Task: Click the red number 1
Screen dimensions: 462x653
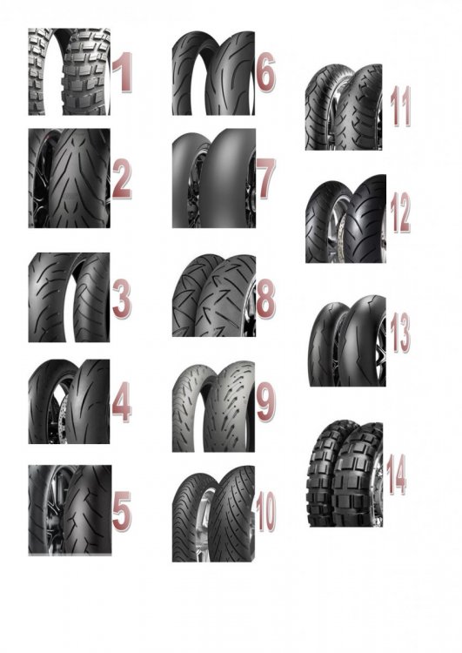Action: point(124,72)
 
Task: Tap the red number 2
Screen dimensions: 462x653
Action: point(122,180)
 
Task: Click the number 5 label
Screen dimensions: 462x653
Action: point(122,511)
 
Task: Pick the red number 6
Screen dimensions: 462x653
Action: point(266,71)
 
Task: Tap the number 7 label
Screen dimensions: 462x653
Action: point(267,179)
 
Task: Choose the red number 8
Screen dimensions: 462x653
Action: point(265,298)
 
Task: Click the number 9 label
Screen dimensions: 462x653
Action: point(266,402)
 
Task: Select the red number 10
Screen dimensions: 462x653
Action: point(266,511)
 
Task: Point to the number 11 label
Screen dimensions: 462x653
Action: point(400,106)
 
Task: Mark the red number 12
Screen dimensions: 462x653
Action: point(400,213)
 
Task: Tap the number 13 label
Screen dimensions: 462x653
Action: point(400,333)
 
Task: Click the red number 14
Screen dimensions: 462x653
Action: point(396,475)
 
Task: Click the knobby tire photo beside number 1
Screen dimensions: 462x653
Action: point(69,71)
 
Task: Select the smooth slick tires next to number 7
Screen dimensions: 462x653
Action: point(214,178)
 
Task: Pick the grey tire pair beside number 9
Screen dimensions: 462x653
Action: point(213,407)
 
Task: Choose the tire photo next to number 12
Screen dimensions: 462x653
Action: point(345,219)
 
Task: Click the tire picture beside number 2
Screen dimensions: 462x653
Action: point(69,178)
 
